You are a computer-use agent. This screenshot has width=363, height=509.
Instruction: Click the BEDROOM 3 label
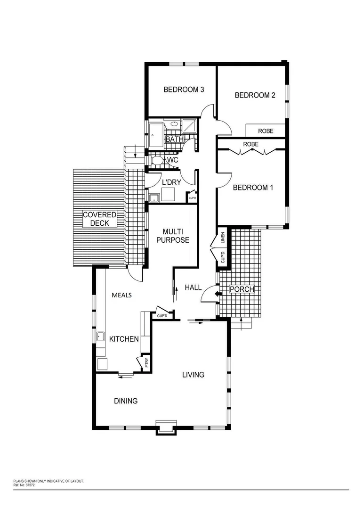[183, 90]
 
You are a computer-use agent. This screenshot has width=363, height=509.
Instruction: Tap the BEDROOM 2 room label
[255, 95]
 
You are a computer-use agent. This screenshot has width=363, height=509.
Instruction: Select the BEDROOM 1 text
[253, 188]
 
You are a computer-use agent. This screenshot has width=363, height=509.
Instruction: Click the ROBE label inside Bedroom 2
[266, 131]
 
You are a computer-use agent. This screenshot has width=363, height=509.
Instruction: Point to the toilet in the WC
[157, 161]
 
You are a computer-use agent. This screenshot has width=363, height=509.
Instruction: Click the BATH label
[174, 140]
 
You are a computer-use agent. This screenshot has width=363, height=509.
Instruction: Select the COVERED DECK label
[99, 219]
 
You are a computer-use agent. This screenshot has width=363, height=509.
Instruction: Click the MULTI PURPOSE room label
[176, 236]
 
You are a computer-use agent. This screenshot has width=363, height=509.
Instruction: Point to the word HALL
[193, 287]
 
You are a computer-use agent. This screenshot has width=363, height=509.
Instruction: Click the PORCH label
[242, 289]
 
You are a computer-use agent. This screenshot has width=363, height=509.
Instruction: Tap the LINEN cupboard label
[223, 238]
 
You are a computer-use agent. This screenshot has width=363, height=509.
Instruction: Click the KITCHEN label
[124, 339]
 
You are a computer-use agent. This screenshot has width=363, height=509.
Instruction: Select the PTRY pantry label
[146, 363]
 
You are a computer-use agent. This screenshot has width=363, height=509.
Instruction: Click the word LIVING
[194, 375]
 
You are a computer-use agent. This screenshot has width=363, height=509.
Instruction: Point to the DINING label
[126, 401]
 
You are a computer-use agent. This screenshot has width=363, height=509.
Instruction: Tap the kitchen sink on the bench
[100, 337]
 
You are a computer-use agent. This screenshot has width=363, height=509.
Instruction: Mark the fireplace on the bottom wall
[167, 427]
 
